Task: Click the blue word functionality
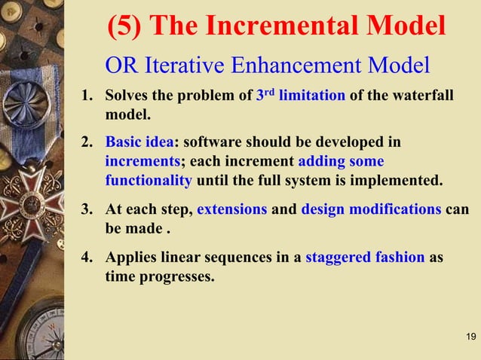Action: pyautogui.click(x=149, y=182)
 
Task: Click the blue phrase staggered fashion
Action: pyautogui.click(x=365, y=257)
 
